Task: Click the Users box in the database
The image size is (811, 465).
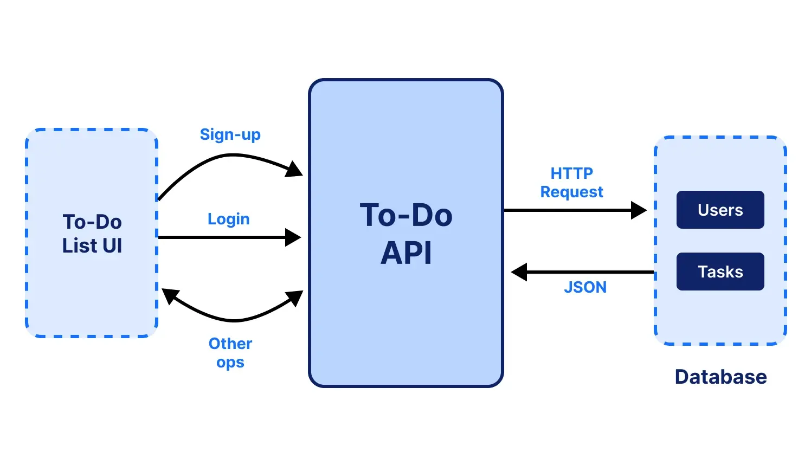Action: (x=720, y=210)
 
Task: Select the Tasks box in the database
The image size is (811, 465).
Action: (x=720, y=272)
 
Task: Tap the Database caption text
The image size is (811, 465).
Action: (x=720, y=377)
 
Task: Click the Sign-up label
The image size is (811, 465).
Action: (x=230, y=134)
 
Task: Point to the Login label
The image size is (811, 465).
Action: (x=228, y=219)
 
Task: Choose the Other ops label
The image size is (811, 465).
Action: (x=230, y=352)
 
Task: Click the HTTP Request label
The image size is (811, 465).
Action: (x=571, y=183)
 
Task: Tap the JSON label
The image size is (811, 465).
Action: (x=585, y=287)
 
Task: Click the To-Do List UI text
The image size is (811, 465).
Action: (x=92, y=234)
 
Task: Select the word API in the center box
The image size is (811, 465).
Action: (x=406, y=253)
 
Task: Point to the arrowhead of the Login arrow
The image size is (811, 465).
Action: (x=293, y=237)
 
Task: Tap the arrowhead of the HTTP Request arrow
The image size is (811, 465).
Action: (x=639, y=210)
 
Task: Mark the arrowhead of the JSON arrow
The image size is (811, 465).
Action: (x=520, y=272)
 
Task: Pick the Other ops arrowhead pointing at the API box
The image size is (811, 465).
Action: (x=294, y=298)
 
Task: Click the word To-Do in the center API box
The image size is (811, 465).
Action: (x=406, y=215)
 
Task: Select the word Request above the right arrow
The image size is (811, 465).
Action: (x=571, y=192)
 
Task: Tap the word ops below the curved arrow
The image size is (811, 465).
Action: (x=230, y=362)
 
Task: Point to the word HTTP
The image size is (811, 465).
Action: (x=571, y=173)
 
